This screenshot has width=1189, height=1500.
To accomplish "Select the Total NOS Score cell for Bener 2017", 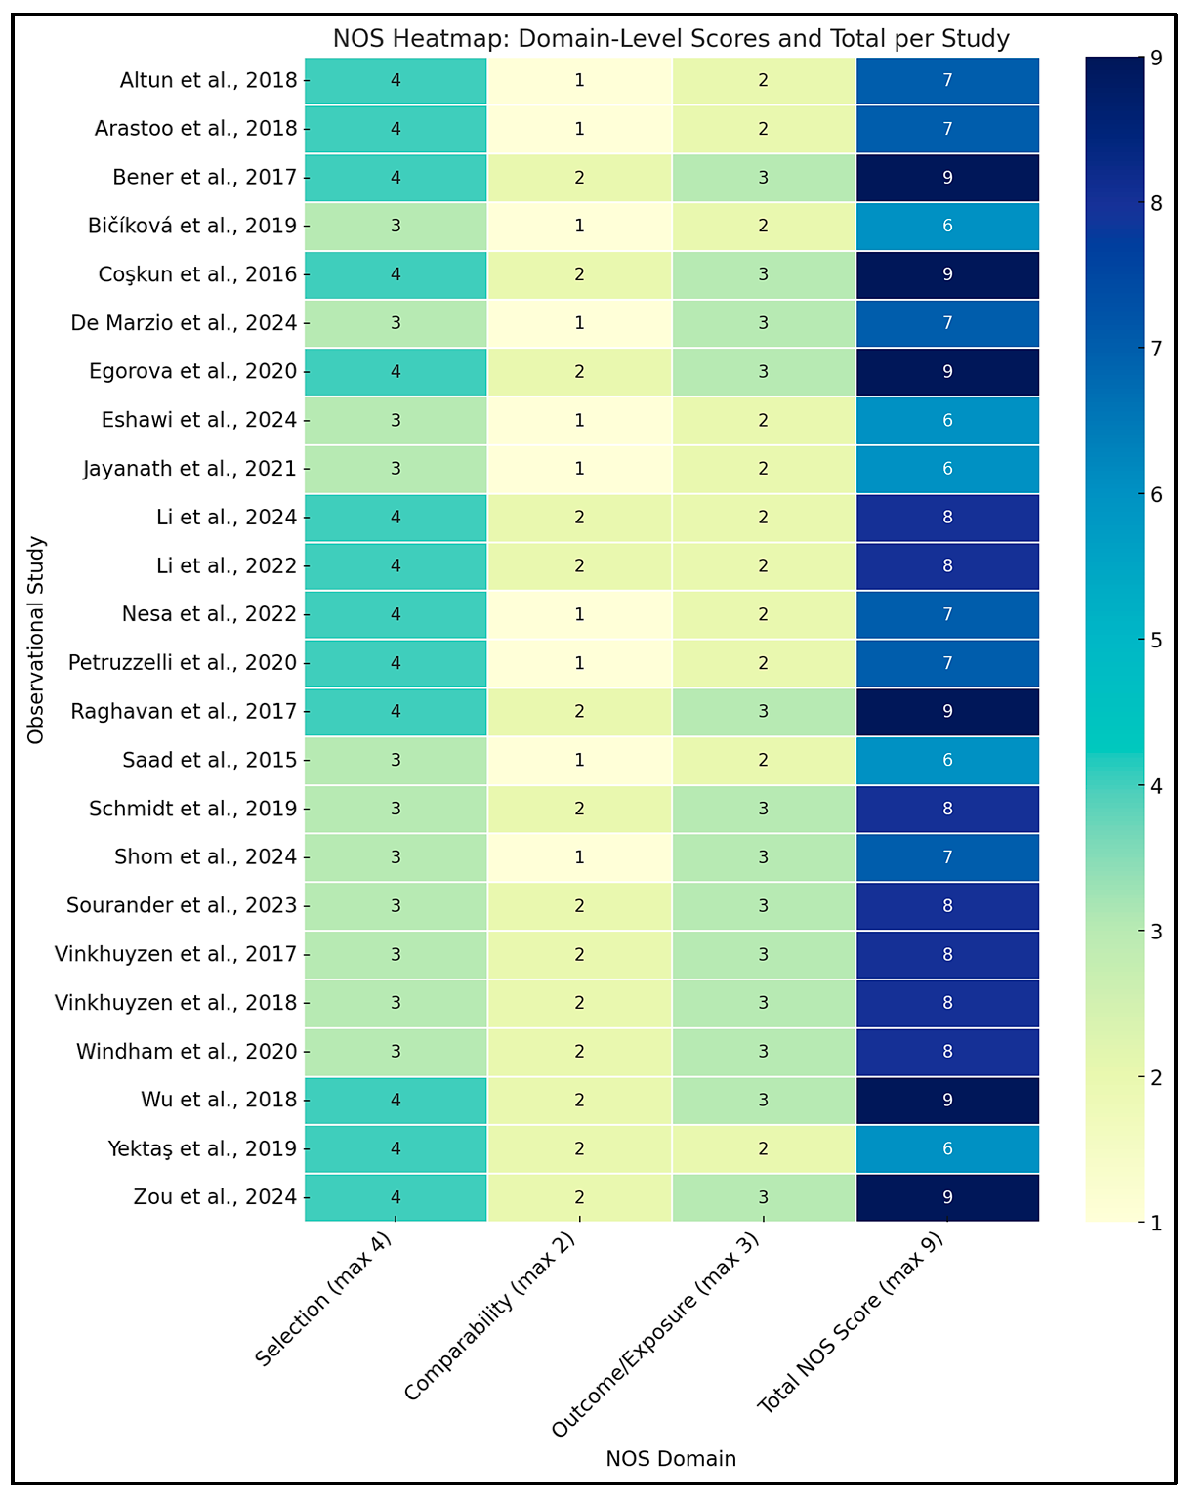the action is [948, 177].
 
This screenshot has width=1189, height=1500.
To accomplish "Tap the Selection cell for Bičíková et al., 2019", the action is [395, 226].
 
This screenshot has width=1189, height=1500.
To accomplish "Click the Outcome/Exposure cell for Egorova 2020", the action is [763, 372].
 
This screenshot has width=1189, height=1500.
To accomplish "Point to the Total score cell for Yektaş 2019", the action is [948, 1148].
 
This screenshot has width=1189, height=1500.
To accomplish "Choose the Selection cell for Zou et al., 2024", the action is [395, 1197].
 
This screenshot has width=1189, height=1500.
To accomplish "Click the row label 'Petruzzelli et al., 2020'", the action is [182, 662].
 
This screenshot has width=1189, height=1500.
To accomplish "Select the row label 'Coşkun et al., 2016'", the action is [198, 274].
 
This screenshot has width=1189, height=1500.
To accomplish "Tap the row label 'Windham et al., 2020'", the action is [187, 1051].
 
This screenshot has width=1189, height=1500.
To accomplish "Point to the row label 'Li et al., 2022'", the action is [226, 565].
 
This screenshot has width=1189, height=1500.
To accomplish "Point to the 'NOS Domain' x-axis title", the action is [671, 1458].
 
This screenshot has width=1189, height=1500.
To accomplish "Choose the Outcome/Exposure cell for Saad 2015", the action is [763, 760].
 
